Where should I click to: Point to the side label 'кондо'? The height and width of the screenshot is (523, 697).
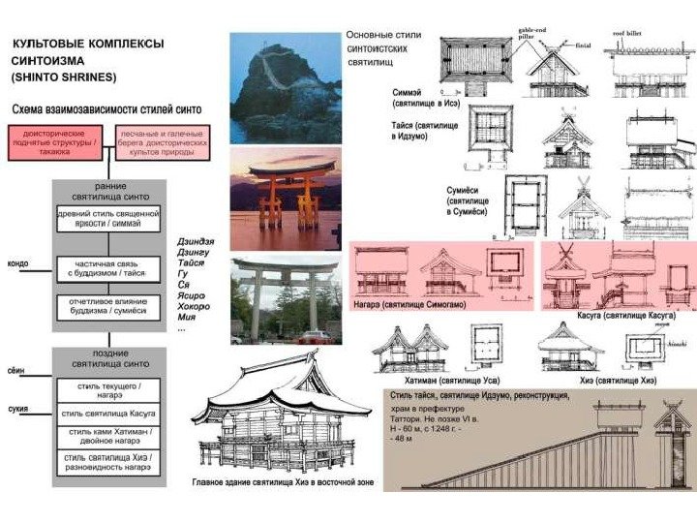(16, 263)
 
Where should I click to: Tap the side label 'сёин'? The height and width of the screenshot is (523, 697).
(15, 371)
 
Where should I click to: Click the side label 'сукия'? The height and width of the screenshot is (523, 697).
(16, 410)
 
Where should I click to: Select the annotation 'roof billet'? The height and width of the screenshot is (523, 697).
(631, 33)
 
